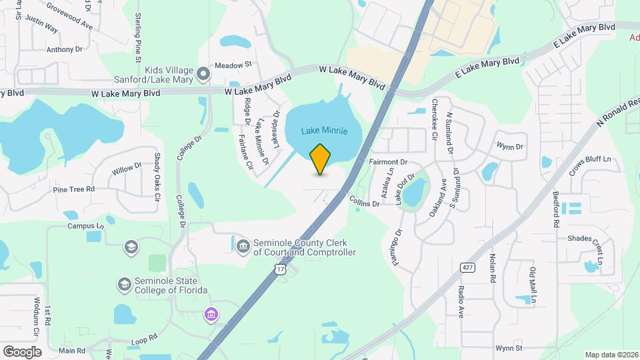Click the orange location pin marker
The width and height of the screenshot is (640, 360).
point(321,159)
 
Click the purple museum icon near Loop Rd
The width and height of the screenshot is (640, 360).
point(211,314)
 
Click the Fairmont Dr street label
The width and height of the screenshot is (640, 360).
point(387,162)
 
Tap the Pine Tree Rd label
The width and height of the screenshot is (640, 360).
point(73,189)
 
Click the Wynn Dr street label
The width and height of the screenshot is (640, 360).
point(510,147)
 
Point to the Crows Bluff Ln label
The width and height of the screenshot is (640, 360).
point(589,160)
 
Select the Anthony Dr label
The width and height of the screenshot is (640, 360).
point(64,49)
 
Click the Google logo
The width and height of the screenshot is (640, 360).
point(22,352)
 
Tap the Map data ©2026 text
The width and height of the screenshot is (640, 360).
point(611,355)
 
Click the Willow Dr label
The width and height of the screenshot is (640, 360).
point(127,170)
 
